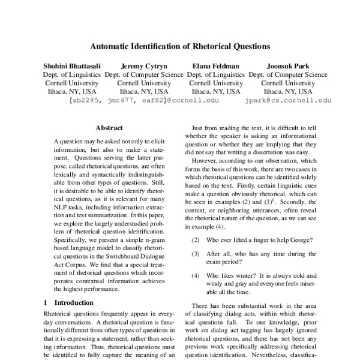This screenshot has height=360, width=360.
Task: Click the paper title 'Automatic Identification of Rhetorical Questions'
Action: click(180, 45)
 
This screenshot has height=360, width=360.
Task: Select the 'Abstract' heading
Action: click(109, 128)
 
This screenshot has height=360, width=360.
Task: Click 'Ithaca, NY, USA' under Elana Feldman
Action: click(216, 92)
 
